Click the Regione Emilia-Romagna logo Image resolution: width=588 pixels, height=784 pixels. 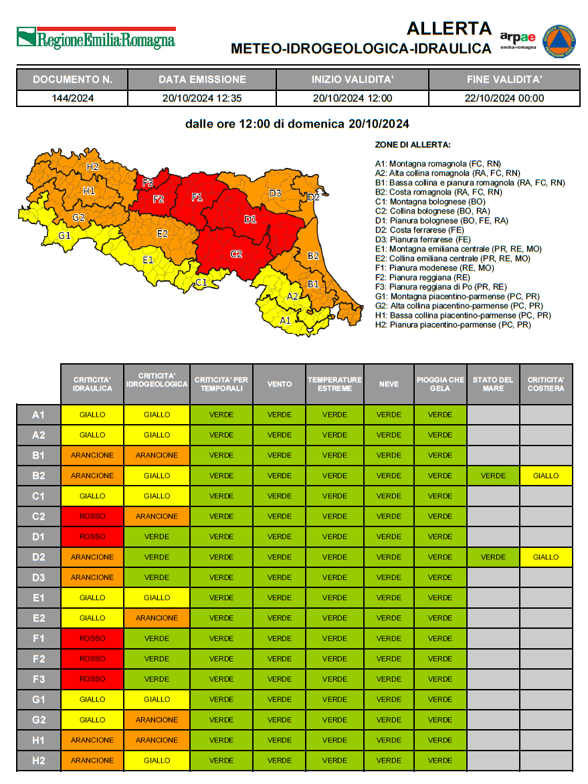point(96,38)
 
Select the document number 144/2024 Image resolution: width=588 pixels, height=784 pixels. point(72,98)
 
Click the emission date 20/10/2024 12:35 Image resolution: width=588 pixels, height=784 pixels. point(202,98)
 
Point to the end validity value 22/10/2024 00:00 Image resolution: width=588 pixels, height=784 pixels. point(504,98)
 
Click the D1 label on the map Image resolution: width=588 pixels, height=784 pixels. point(250,219)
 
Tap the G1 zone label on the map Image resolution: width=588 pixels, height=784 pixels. point(64,235)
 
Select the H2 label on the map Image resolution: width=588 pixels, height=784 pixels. point(92,167)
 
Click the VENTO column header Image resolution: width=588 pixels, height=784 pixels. point(279,384)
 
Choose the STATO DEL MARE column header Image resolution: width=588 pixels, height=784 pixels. point(493,384)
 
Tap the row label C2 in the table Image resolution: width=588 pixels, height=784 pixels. point(38,516)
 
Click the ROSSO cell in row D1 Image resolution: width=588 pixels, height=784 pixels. point(92,536)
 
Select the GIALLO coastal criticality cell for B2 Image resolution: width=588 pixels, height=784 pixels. point(546,476)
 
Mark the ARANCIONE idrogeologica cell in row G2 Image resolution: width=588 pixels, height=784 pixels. point(157,720)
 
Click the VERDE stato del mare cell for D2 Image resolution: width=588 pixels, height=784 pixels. point(493,557)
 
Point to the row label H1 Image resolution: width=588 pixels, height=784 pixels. point(38,741)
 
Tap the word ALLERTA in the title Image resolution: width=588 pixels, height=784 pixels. point(449,29)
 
